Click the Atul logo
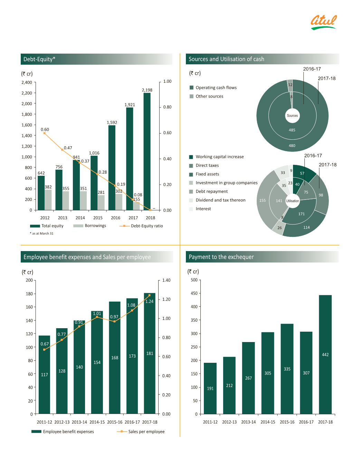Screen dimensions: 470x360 323,22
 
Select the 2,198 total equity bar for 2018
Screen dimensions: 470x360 147,152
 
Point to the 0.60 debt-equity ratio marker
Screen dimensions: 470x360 44,133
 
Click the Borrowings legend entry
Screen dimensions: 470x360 90,226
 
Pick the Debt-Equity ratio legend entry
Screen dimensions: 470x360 141,226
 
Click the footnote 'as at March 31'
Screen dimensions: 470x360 42,233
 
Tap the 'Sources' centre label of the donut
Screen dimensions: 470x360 292,116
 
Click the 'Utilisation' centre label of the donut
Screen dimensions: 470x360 293,201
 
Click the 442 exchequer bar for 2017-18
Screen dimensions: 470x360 325,354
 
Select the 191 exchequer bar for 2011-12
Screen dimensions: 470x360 210,388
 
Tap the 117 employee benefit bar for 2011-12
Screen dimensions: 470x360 45,375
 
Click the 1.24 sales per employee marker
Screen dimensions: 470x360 149,295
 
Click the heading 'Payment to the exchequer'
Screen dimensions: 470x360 221,257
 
